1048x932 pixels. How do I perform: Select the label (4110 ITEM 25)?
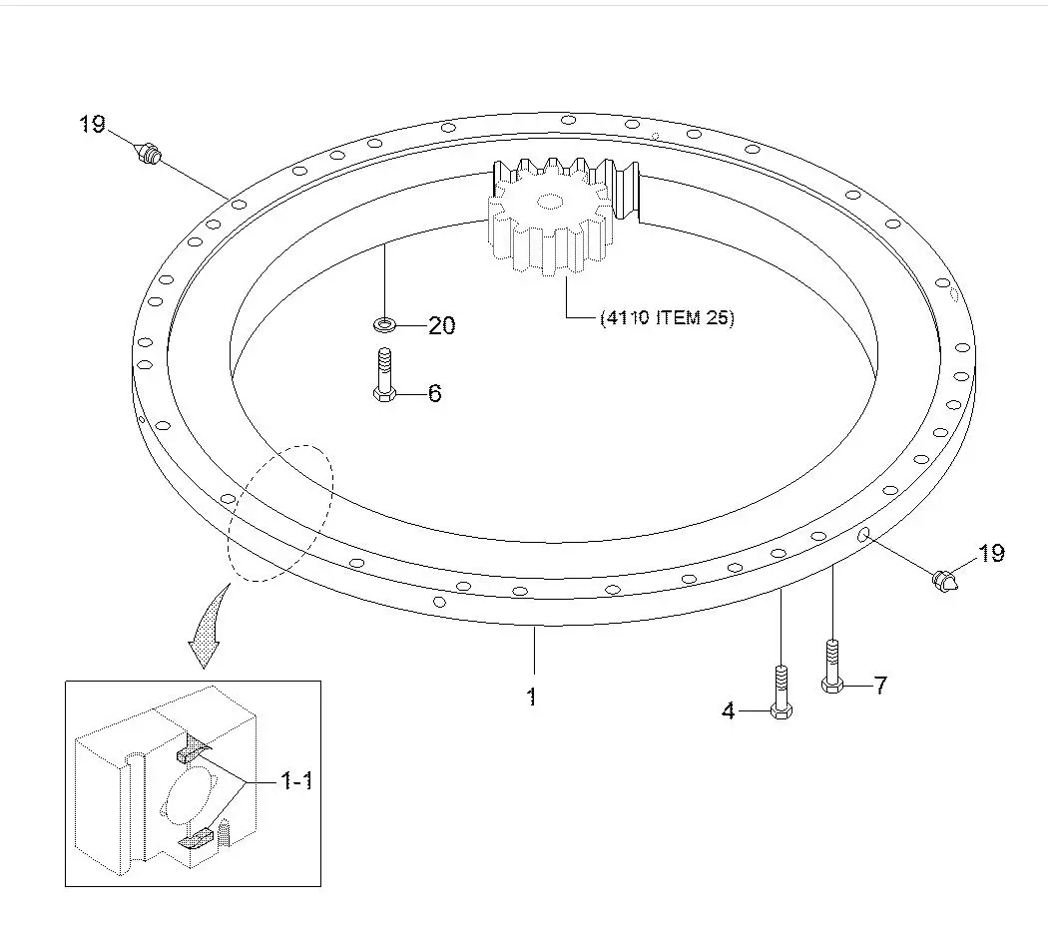[666, 319]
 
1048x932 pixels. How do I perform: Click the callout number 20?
[441, 325]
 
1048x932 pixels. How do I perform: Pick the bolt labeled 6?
[384, 375]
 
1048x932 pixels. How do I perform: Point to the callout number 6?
[434, 393]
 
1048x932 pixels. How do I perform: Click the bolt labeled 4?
[782, 691]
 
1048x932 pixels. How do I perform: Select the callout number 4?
[729, 711]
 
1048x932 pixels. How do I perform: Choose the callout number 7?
[879, 686]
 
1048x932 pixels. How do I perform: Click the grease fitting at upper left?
[149, 155]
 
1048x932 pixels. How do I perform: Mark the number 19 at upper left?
[93, 125]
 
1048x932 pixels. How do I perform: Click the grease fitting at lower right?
[944, 580]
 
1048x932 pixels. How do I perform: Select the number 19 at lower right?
[990, 553]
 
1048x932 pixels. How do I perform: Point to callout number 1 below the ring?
[532, 697]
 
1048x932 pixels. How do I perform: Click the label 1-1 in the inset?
[295, 781]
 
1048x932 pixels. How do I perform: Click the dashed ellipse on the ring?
[280, 512]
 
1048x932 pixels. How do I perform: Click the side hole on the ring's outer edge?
[862, 536]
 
